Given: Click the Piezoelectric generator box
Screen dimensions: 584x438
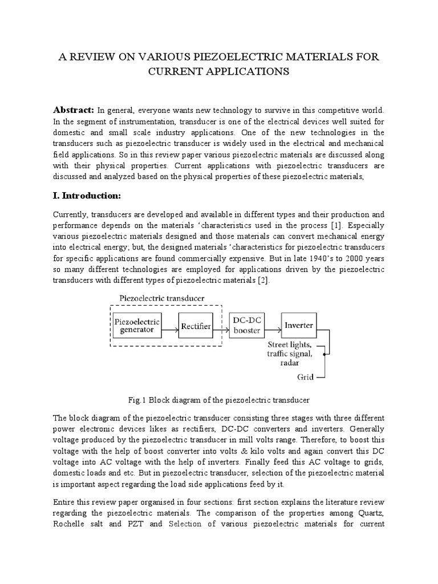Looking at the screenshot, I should point(137,326).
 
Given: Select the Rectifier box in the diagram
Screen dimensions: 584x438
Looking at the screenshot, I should point(196,326).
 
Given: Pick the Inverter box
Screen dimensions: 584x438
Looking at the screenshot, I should point(298,325).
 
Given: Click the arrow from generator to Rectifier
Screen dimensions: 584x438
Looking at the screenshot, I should point(169,326).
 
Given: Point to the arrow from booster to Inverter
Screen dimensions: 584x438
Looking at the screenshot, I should point(271,326).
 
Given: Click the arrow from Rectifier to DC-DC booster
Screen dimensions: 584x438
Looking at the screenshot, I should point(221,326).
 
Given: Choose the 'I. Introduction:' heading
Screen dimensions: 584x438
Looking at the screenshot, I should point(88,195).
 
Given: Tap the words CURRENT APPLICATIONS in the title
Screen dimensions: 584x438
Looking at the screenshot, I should point(218,72).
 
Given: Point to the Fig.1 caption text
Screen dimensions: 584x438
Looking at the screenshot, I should point(219,401).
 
